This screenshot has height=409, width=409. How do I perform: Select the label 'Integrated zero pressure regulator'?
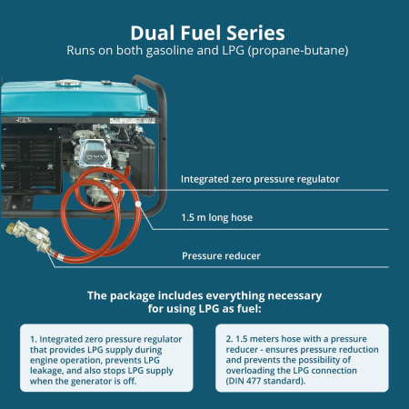coord(260,179)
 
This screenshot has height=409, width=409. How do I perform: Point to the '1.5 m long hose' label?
coord(219,218)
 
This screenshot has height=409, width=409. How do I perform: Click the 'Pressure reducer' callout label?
coord(221,255)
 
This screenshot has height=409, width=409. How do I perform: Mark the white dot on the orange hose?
coord(139,204)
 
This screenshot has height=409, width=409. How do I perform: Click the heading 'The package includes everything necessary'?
coord(204,295)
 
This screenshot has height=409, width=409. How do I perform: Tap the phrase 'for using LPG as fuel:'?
coord(204,309)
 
